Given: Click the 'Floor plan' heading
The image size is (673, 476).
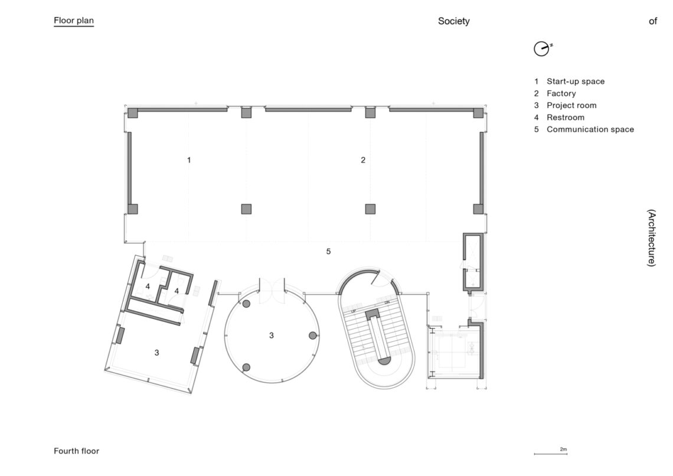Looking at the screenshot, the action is click(74, 21).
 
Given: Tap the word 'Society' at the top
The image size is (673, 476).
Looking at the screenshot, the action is click(453, 21).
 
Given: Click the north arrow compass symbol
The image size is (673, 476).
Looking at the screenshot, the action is click(542, 49).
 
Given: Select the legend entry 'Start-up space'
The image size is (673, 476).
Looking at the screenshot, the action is click(575, 81).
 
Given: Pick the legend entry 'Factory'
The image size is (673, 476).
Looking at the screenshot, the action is click(561, 93).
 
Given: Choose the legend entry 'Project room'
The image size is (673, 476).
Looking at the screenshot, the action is click(571, 106).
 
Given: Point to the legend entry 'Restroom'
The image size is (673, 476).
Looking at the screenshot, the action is click(566, 118).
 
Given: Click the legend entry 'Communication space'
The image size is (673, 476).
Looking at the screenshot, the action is click(590, 129).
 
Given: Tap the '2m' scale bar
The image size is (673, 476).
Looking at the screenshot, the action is click(551, 453).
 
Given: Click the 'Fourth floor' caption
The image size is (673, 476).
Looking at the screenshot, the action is click(76, 451).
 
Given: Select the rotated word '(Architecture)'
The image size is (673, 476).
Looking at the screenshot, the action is click(652, 238).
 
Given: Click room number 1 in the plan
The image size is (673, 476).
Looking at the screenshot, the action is click(189, 160).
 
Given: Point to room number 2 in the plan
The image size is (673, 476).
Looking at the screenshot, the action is click(363, 160).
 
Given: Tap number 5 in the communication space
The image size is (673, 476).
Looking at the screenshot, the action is click(328, 252).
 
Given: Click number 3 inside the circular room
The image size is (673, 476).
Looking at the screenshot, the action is click(271, 335).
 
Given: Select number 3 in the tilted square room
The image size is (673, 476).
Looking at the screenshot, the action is click(156, 353).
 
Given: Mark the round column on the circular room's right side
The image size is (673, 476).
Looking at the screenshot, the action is click(313, 335).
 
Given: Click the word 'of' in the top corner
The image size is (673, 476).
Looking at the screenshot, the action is click(653, 21).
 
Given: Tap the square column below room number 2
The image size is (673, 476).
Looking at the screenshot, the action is click(370, 209).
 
